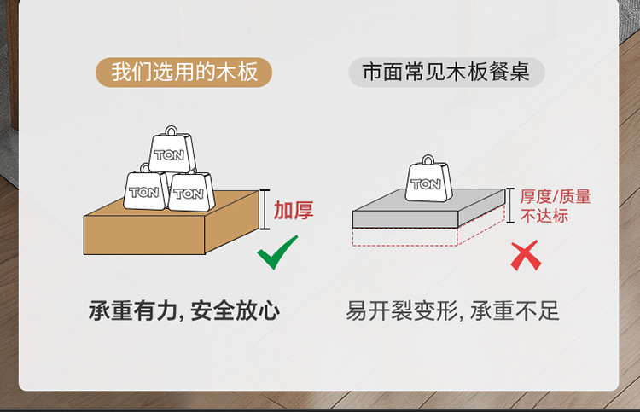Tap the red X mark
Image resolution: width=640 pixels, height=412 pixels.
click(x=526, y=255)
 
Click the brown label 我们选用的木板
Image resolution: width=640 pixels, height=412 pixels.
click(x=184, y=72)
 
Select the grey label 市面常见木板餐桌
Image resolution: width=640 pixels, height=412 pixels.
click(x=446, y=72)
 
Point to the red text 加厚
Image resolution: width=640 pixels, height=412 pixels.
click(x=294, y=210)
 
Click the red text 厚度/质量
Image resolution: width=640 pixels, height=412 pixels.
click(x=556, y=197)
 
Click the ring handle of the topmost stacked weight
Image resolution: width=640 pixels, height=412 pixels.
click(x=173, y=132)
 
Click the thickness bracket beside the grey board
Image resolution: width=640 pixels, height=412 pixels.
click(x=510, y=206)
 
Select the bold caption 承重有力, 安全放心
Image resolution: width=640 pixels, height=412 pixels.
click(x=183, y=310)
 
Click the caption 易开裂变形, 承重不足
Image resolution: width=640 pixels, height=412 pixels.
click(x=452, y=310)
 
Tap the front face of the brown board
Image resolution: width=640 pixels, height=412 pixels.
click(x=143, y=235)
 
